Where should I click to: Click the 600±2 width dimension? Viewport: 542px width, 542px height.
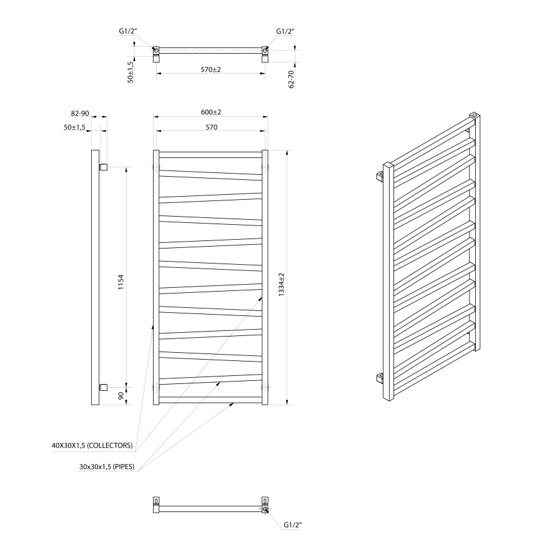click(211, 112)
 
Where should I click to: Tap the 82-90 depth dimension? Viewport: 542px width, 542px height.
click(80, 113)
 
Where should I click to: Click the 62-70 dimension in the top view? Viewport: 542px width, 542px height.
click(292, 78)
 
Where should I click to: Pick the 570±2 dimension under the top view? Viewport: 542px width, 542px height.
click(211, 69)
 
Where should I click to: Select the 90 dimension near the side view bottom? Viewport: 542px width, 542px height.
click(121, 396)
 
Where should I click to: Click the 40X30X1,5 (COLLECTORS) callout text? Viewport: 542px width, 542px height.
click(92, 446)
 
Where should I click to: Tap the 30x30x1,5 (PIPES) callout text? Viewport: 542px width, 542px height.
click(106, 466)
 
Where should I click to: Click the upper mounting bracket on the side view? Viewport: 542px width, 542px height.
click(104, 167)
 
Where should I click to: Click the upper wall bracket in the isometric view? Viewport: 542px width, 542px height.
click(380, 177)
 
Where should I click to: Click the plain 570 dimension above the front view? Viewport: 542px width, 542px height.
click(211, 127)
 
